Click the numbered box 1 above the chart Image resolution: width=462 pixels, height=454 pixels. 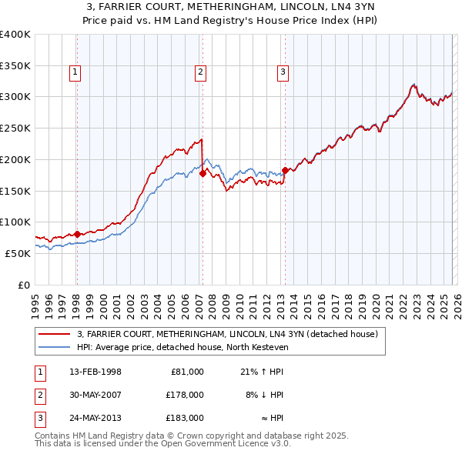click(x=76, y=73)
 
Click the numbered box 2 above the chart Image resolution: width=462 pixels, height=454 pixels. click(x=200, y=73)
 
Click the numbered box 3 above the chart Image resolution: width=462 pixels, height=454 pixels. click(x=283, y=73)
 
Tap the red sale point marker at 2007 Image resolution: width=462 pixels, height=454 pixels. click(x=203, y=174)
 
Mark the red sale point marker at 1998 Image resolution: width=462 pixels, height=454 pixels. click(x=77, y=234)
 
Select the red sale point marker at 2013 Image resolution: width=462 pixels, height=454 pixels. click(x=285, y=170)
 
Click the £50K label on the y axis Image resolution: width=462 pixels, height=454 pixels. click(x=18, y=253)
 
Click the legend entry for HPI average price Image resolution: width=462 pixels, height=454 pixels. click(x=182, y=347)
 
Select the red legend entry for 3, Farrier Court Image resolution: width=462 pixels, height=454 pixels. click(x=227, y=335)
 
